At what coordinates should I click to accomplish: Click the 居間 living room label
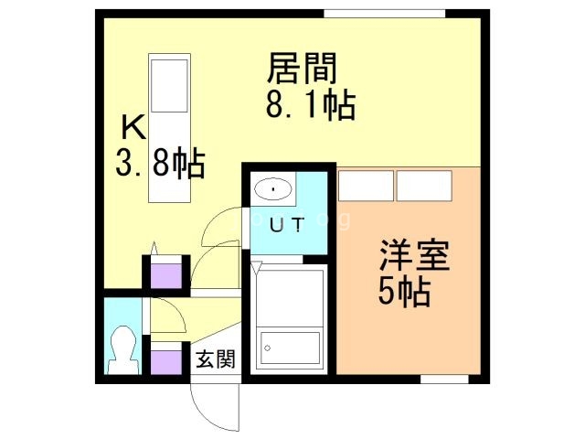tap(303, 68)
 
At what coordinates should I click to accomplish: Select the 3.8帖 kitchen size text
tap(160, 165)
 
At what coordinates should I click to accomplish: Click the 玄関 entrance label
tap(214, 358)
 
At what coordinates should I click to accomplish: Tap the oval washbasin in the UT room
tap(272, 190)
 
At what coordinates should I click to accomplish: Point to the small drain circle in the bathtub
tap(268, 348)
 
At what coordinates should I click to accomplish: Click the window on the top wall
tap(384, 13)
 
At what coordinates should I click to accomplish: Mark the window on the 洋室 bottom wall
tap(444, 378)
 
